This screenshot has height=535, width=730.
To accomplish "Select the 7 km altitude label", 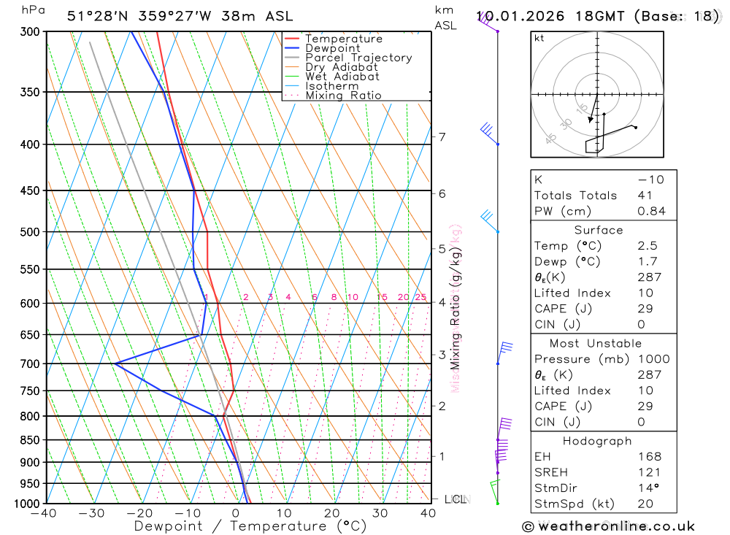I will [x=442, y=136].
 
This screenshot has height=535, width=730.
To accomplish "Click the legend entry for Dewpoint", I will [x=332, y=49].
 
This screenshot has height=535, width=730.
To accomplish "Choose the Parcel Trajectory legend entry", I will [x=358, y=58].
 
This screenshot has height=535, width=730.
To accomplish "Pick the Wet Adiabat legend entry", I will [x=342, y=77].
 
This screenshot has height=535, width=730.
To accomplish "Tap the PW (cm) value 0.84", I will [x=651, y=212].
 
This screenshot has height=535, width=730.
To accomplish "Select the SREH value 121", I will [x=647, y=473].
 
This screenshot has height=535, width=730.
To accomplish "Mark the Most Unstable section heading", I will [x=596, y=343].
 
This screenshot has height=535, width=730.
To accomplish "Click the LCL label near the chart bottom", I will [x=455, y=499].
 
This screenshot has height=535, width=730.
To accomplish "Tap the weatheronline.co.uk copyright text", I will [x=608, y=526].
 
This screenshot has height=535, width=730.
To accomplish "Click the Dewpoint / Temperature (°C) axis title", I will [x=250, y=526].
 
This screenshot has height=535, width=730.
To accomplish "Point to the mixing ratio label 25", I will [x=420, y=297].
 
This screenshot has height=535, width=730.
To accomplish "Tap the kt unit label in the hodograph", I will [x=539, y=38].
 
